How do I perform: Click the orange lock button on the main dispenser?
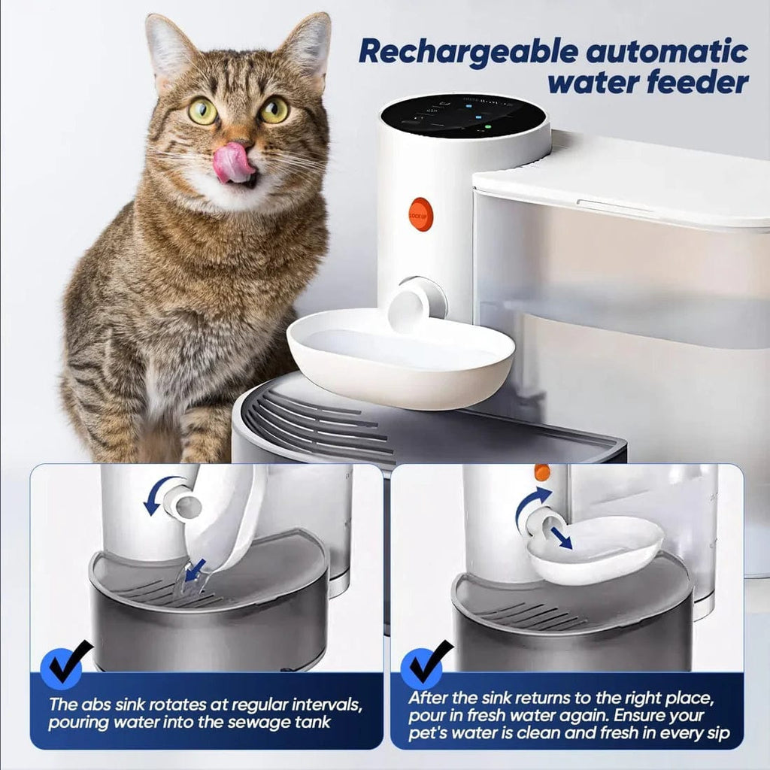[x=421, y=214]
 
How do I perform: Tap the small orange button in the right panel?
[x=542, y=473]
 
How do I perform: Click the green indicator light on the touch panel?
[x=487, y=128]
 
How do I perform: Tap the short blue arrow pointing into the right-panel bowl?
[x=559, y=537]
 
